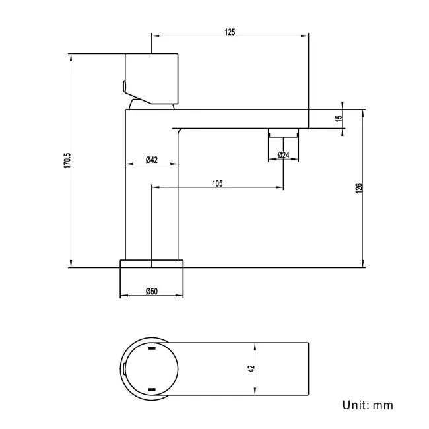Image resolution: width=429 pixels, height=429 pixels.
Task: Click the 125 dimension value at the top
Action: (230, 32)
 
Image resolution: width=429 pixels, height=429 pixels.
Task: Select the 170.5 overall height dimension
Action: (67, 160)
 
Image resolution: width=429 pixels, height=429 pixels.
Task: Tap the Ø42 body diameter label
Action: (152, 160)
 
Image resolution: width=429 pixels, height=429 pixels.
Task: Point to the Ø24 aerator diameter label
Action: (283, 155)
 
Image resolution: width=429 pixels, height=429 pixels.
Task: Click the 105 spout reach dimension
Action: (218, 183)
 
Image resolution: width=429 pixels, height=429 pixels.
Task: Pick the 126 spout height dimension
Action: (358, 189)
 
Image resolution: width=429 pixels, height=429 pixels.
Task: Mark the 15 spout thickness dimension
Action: (339, 118)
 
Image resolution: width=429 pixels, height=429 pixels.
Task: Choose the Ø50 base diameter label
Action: (152, 291)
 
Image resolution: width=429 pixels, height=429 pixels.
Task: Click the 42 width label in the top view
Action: (251, 368)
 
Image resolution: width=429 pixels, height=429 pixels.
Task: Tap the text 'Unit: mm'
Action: (368, 405)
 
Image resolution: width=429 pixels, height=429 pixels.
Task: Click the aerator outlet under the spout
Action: (283, 133)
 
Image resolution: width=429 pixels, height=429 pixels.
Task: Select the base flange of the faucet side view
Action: (152, 263)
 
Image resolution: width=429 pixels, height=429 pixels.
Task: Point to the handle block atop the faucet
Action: (152, 79)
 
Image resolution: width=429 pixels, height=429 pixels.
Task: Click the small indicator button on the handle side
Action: (123, 86)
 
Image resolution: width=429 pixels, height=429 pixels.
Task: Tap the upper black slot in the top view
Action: (152, 348)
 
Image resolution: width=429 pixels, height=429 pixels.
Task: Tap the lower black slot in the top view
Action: (152, 389)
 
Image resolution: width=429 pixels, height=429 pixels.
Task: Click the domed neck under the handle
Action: (152, 104)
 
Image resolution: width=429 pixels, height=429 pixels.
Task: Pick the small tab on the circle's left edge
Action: (125, 369)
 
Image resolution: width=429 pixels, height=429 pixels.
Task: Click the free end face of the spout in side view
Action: (309, 119)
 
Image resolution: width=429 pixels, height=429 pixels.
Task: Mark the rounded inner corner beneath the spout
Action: (180, 131)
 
